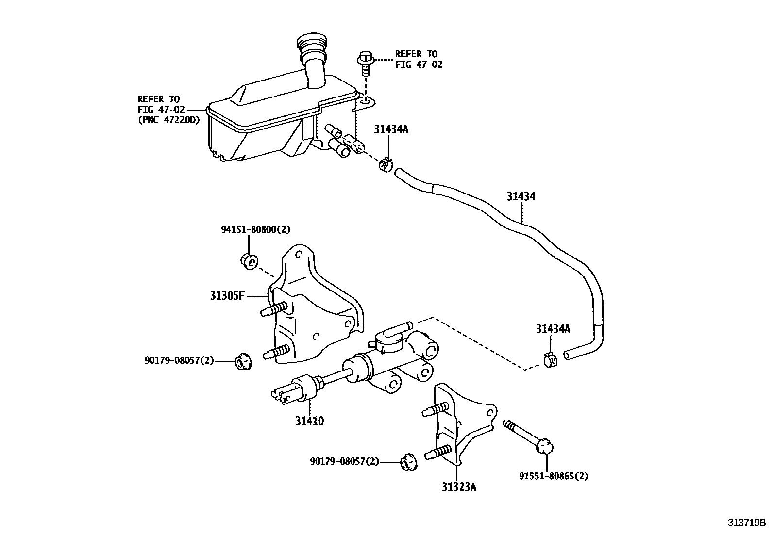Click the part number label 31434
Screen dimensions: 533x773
(521, 196)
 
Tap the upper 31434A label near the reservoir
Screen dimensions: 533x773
(391, 129)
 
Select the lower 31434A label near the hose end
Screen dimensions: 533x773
(553, 329)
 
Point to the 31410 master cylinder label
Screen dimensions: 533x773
(309, 420)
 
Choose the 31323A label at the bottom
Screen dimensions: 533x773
(458, 486)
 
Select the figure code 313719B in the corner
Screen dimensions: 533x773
(746, 523)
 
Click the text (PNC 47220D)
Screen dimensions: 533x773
(168, 120)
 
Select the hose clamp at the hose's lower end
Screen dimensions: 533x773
(551, 360)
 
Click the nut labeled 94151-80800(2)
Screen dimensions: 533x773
(249, 261)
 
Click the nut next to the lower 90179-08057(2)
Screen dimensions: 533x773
(408, 462)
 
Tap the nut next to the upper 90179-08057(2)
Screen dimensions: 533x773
(243, 362)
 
